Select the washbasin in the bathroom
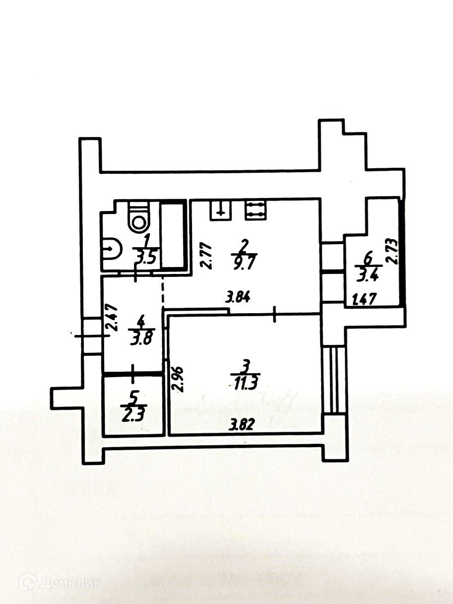coord(111,248)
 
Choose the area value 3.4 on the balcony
coord(367,273)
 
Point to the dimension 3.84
coord(238,298)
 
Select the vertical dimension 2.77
coord(207,255)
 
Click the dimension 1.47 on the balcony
coord(365,300)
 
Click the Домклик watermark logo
coord(60,582)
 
